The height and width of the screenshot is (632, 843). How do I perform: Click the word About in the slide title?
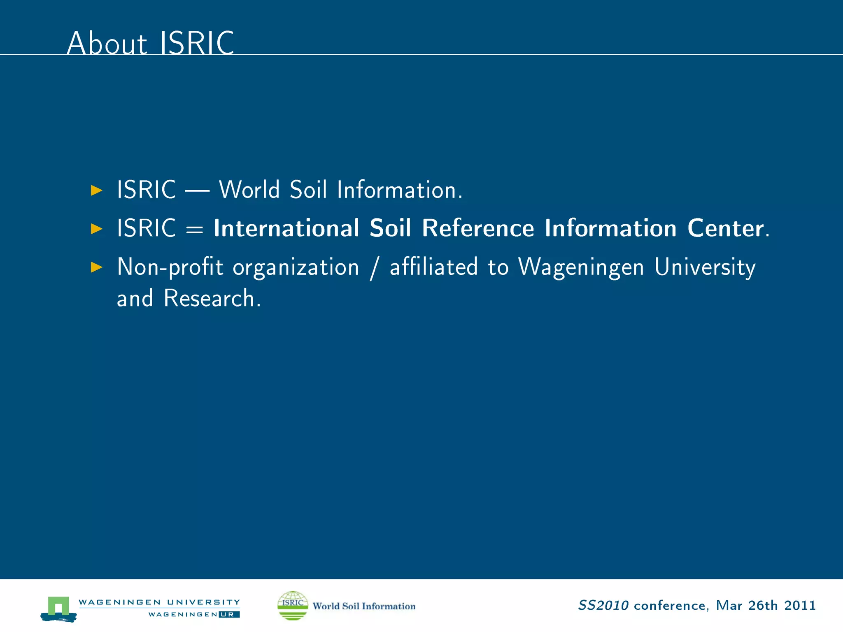pos(107,43)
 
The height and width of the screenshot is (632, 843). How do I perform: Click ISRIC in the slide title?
pos(197,43)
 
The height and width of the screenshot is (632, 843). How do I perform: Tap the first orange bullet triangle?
pos(96,190)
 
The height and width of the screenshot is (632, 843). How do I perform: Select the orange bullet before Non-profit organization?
pos(96,267)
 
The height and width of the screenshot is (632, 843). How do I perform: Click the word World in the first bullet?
pos(249,190)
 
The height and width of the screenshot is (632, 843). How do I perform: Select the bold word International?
pos(286,228)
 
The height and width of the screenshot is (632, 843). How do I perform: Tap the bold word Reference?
pos(478,228)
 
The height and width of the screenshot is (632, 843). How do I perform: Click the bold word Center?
pos(725,228)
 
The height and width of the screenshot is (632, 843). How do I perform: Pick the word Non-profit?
pos(170,267)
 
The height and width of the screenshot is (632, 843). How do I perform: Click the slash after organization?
pos(374,268)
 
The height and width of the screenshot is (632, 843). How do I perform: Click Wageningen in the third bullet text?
pos(581,267)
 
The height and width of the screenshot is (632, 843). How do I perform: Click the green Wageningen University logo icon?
pos(58,608)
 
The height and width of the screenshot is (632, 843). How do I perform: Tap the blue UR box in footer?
pos(229,614)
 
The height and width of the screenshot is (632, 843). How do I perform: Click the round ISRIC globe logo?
pos(293,605)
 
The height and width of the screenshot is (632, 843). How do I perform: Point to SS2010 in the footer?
pos(603,605)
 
